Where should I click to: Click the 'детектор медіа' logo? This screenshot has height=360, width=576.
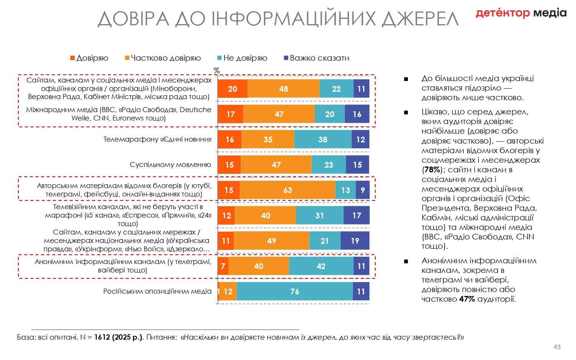pyautogui.click(x=521, y=13)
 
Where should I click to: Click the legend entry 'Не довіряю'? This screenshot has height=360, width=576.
pyautogui.click(x=245, y=58)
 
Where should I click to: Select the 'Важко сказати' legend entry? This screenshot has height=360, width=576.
pyautogui.click(x=319, y=58)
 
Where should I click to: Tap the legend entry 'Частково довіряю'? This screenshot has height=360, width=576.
pyautogui.click(x=166, y=58)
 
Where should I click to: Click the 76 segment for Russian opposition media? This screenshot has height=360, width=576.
pyautogui.click(x=295, y=291)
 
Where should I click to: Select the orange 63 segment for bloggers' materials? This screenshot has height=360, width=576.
pyautogui.click(x=288, y=190)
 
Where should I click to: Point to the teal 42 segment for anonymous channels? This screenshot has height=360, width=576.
pyautogui.click(x=321, y=266)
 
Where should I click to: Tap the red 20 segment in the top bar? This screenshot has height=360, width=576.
pyautogui.click(x=232, y=89)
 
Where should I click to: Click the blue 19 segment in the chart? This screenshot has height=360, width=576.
pyautogui.click(x=355, y=241)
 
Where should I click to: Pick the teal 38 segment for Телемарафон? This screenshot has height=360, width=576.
pyautogui.click(x=323, y=139)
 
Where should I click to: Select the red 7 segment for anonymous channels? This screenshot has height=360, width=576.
pyautogui.click(x=223, y=266)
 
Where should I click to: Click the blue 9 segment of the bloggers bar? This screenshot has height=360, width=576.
pyautogui.click(x=362, y=190)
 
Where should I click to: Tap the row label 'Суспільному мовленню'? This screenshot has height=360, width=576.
pyautogui.click(x=170, y=165)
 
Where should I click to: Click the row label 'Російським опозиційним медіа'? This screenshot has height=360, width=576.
pyautogui.click(x=157, y=291)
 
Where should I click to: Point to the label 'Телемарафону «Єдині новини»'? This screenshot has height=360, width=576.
pyautogui.click(x=157, y=139)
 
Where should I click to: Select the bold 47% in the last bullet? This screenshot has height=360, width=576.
pyautogui.click(x=467, y=299)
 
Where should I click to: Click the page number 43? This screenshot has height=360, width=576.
pyautogui.click(x=557, y=347)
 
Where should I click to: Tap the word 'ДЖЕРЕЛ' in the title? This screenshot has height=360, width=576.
pyautogui.click(x=420, y=18)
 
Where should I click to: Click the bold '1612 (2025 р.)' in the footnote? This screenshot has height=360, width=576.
pyautogui.click(x=118, y=337)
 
